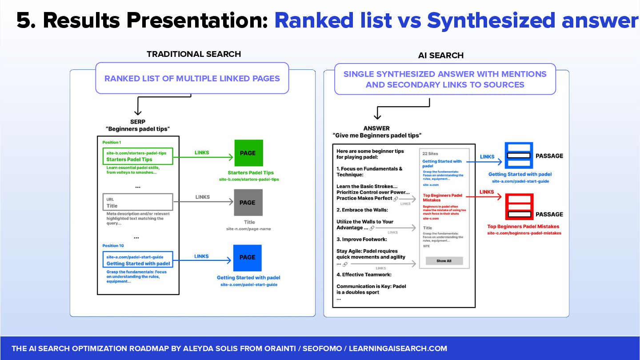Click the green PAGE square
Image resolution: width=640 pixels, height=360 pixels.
[x=248, y=153]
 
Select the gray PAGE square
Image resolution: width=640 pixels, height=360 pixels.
[x=248, y=202]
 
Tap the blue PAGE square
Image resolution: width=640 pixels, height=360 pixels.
[x=248, y=257]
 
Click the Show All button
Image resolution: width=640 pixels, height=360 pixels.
[x=444, y=261]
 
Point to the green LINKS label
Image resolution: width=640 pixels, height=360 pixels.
[x=202, y=153]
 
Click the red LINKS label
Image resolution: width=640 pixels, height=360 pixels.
[x=487, y=192]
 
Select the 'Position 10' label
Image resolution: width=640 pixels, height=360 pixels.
[x=113, y=246]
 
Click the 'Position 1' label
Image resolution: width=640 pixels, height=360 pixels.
[x=111, y=143]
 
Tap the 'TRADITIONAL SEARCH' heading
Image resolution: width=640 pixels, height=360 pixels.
[x=194, y=54]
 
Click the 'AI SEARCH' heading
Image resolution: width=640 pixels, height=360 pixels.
[x=440, y=56]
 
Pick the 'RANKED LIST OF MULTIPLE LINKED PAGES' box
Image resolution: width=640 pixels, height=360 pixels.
[x=192, y=79]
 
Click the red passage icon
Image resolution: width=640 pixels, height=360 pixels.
[x=519, y=207]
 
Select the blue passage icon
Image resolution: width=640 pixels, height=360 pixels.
[x=519, y=156]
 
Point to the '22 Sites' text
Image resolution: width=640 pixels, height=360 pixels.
[x=430, y=153]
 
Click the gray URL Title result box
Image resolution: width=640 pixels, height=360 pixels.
[x=137, y=202]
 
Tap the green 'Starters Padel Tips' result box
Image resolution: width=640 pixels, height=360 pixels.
[x=137, y=156]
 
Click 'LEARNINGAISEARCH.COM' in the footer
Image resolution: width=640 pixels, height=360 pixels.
[x=398, y=348]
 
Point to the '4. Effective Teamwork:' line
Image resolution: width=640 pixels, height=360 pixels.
[x=364, y=275]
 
